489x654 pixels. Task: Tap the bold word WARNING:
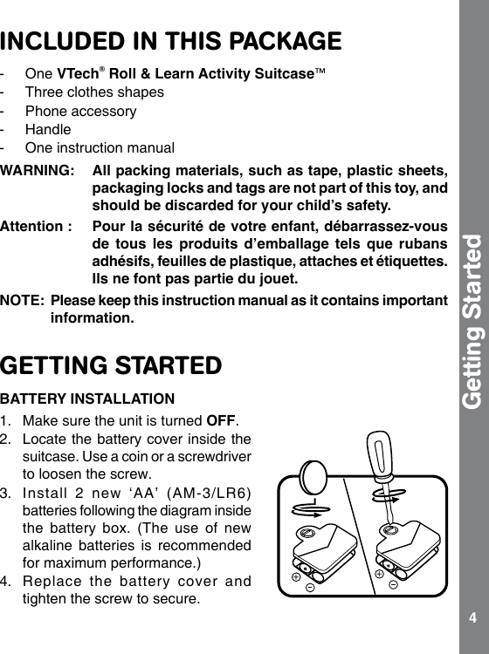[36, 169]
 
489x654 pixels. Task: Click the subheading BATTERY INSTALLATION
[86, 399]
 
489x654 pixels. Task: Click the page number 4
[472, 618]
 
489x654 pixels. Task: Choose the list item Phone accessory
[80, 111]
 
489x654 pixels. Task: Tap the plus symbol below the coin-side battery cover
[297, 576]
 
